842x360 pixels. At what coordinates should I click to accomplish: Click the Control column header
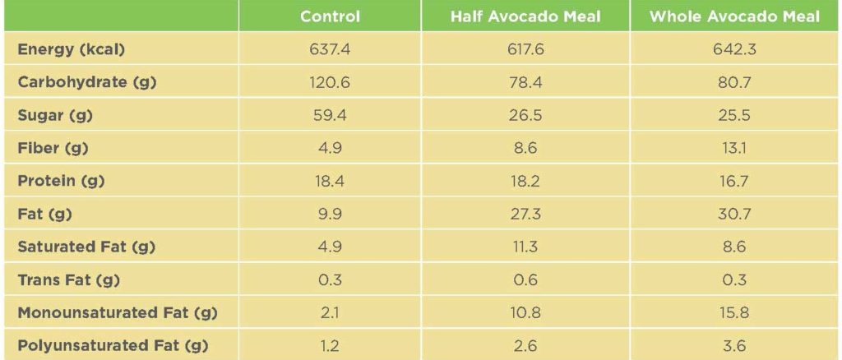(x=330, y=16)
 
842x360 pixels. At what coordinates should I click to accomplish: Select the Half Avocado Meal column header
(x=525, y=16)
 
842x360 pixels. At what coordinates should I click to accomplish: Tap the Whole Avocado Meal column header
(x=734, y=16)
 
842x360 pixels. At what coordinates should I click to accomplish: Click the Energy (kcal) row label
(x=71, y=49)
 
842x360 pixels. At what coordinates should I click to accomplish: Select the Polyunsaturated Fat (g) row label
(x=113, y=346)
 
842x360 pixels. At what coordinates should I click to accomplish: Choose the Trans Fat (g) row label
(x=69, y=280)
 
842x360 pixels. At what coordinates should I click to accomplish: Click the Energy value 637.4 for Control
(x=330, y=49)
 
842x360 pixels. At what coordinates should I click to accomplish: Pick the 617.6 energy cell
(x=525, y=49)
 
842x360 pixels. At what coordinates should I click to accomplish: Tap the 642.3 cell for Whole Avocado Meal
(x=734, y=49)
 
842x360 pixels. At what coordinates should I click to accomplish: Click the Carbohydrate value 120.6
(x=330, y=82)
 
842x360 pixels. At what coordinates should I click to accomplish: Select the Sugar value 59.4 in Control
(x=330, y=115)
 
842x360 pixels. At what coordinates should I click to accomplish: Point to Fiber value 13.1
(x=734, y=148)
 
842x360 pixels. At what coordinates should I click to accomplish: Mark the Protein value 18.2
(x=525, y=181)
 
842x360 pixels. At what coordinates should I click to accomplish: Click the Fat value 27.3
(x=525, y=214)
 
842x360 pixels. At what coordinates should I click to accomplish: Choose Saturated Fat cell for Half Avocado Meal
(x=525, y=247)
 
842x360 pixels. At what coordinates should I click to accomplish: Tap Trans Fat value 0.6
(x=525, y=280)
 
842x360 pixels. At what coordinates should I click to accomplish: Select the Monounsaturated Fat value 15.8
(x=734, y=313)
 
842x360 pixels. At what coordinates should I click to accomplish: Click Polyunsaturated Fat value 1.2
(x=330, y=346)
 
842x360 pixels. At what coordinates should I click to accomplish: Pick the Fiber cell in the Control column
(x=330, y=148)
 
